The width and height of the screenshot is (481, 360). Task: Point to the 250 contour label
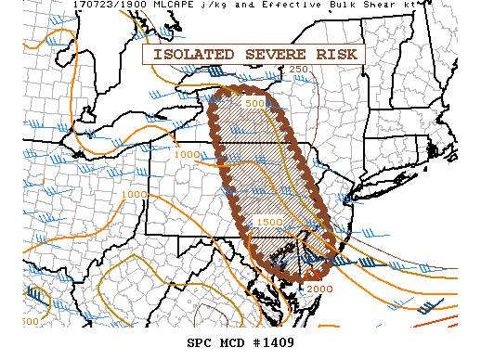[298, 70]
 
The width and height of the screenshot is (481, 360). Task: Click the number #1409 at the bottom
[278, 342]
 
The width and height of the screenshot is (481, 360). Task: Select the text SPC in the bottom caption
[200, 342]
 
